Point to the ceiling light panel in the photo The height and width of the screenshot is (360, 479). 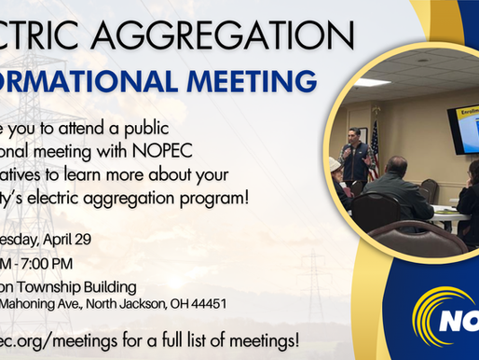[x=371, y=81]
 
